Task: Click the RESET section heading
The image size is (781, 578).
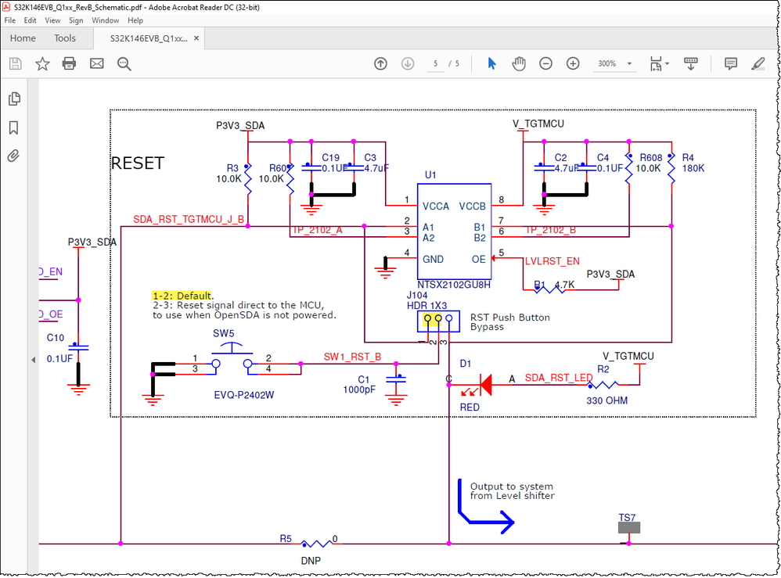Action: click(138, 163)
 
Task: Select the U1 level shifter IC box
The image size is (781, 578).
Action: click(453, 231)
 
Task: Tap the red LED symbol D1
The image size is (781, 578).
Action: click(484, 384)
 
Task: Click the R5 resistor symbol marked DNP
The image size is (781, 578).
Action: click(316, 542)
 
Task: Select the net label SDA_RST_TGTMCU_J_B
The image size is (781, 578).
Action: click(189, 220)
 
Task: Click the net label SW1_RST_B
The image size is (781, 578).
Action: click(352, 357)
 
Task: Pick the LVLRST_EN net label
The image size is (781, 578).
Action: click(552, 260)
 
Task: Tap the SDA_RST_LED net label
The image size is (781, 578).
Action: click(559, 379)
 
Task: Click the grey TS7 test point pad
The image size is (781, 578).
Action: click(628, 528)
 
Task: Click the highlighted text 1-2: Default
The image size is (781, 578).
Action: click(182, 296)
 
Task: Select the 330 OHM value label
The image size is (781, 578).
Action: click(606, 400)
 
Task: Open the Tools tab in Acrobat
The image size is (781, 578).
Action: click(65, 38)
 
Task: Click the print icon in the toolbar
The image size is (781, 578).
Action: click(70, 63)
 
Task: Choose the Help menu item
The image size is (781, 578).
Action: click(135, 20)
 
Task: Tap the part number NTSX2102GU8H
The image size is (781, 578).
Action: click(453, 285)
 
